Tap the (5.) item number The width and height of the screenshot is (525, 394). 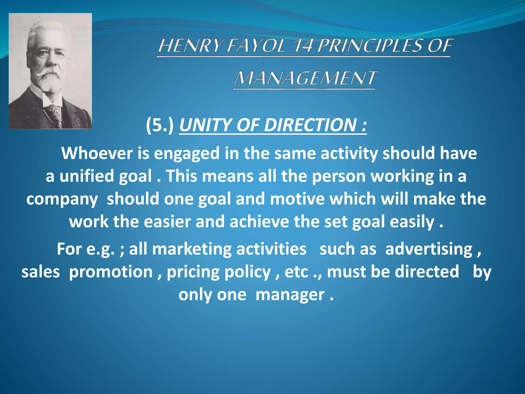[x=160, y=125]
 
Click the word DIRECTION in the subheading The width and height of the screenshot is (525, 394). [x=310, y=125]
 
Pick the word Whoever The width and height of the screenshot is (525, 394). [x=97, y=153]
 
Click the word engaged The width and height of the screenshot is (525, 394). [x=187, y=153]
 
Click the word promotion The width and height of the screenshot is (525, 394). [x=111, y=272]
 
